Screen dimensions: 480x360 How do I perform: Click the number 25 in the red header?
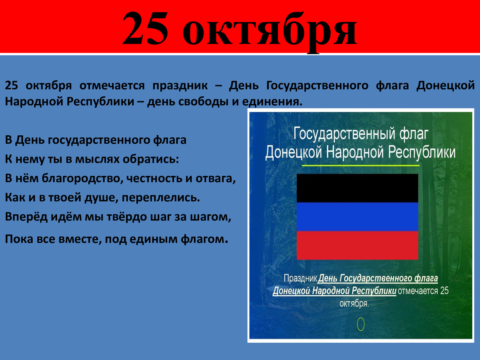146,28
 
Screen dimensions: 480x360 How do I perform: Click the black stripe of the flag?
357,188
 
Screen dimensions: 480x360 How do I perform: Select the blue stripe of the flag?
357,217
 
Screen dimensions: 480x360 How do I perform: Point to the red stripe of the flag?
357,245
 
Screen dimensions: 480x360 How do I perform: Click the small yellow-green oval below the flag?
361,324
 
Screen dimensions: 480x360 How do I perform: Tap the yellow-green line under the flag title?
361,166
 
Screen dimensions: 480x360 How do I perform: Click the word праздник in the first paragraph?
180,86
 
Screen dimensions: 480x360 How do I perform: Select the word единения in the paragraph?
272,102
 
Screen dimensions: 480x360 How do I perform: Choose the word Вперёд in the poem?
26,217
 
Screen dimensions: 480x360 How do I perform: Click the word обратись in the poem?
151,159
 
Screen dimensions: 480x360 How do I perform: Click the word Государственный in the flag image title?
344,133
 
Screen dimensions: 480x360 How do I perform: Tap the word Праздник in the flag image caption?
300,278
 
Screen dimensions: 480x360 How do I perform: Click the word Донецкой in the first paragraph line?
445,86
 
